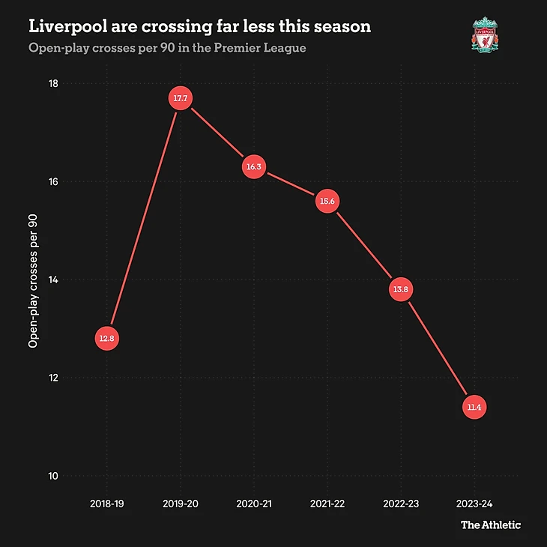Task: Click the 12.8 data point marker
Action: tap(106, 339)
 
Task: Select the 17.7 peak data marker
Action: tap(180, 99)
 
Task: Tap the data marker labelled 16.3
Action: tap(253, 167)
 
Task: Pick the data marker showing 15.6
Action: tap(327, 202)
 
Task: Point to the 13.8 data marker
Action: tap(401, 289)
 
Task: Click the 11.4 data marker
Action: tap(474, 408)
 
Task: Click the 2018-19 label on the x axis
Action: tap(106, 505)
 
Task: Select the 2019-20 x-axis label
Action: tap(180, 505)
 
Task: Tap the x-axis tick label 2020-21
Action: tap(253, 505)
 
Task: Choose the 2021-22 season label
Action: tap(327, 505)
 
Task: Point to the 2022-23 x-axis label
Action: tap(401, 505)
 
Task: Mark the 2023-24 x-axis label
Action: tap(474, 505)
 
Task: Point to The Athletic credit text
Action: tap(490, 525)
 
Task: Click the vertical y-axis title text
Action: tap(33, 280)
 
